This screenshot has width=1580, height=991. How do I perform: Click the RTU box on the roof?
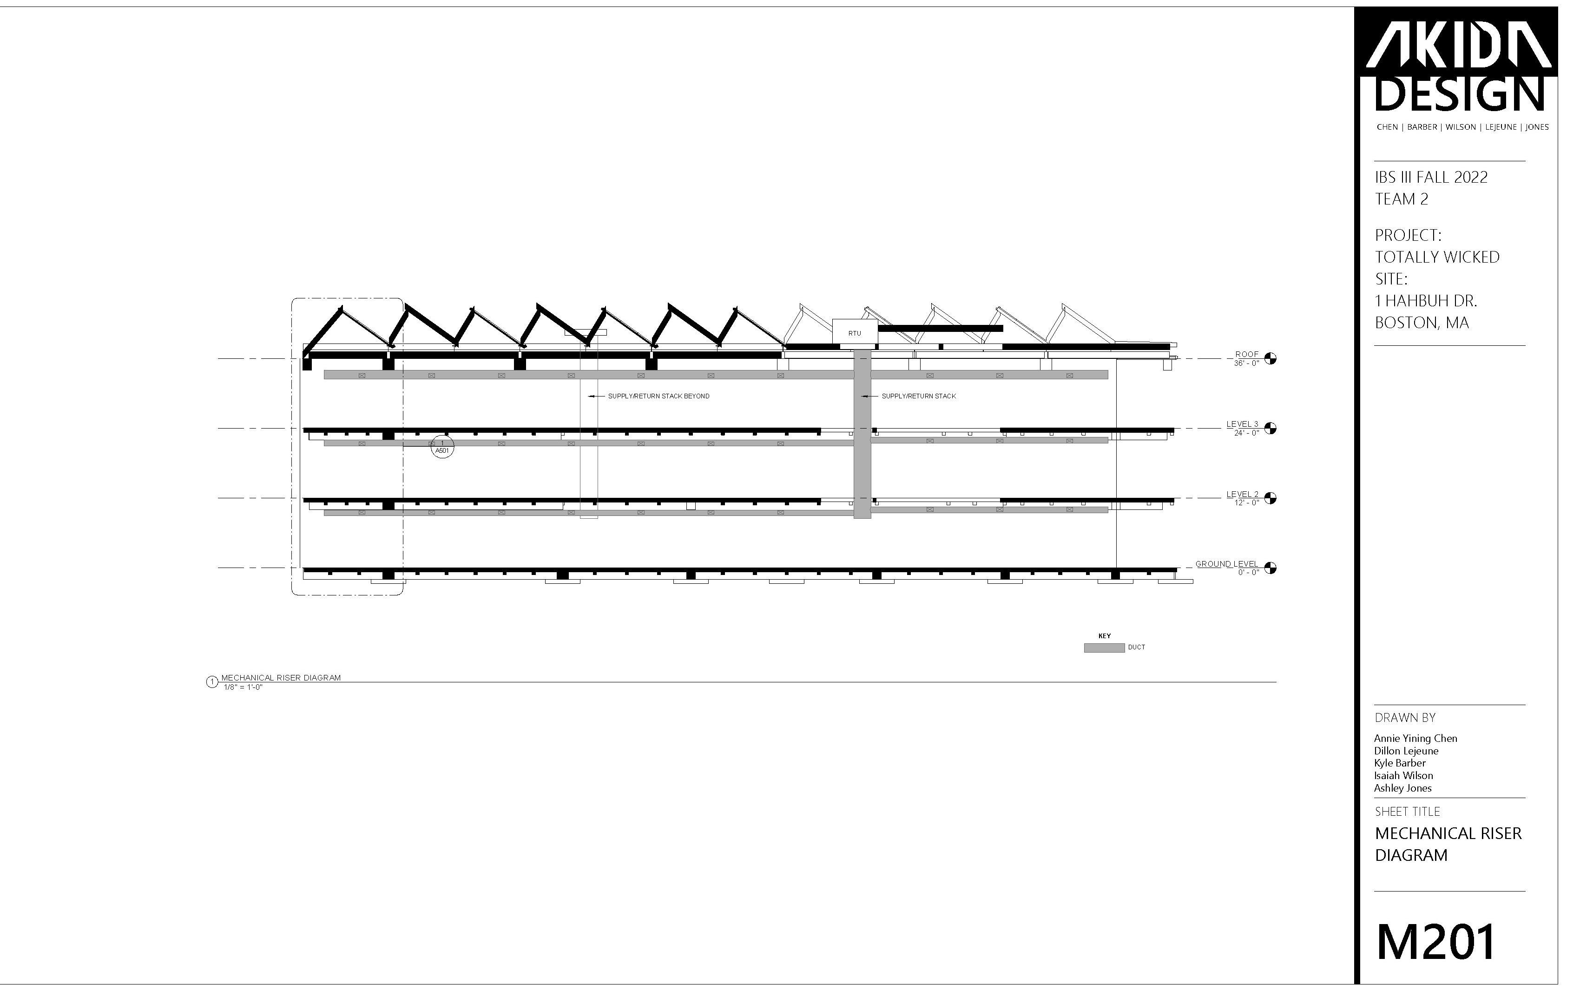pos(854,333)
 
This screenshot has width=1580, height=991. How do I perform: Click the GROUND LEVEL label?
pos(1226,564)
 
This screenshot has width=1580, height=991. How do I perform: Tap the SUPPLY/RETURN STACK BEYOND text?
pos(658,396)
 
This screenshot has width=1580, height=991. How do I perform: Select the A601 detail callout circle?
pos(442,448)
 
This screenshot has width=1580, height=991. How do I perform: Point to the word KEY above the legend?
pos(1105,636)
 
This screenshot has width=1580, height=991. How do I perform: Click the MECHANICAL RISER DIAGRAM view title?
pos(281,678)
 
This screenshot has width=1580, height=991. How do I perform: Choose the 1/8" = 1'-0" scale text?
pos(243,687)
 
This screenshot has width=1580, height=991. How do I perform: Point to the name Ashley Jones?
pos(1402,788)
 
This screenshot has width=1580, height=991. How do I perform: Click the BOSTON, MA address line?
pos(1422,323)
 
